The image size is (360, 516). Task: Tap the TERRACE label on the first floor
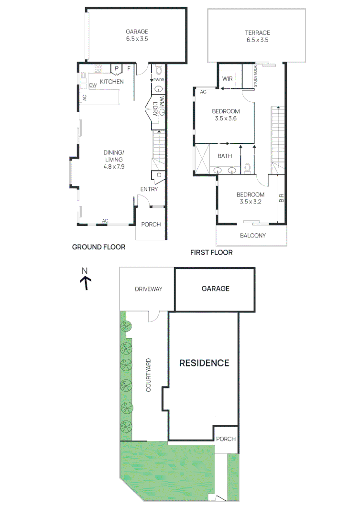point(258,32)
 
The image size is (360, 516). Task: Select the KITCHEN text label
point(112,82)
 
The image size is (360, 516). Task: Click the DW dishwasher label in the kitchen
point(92,86)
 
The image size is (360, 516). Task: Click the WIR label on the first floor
point(228,79)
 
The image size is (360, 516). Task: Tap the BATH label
point(225,156)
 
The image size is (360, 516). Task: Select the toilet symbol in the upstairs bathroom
point(247,168)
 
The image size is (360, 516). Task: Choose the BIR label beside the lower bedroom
point(282,197)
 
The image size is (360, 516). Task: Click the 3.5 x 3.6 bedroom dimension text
point(224,119)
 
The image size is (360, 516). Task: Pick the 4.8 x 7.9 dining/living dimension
point(113,166)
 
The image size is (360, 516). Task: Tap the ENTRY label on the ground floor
point(149,190)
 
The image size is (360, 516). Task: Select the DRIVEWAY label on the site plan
point(148,289)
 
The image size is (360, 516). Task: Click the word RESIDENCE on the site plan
point(204,363)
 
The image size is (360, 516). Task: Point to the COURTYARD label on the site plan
point(149,375)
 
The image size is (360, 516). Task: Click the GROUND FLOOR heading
point(98,247)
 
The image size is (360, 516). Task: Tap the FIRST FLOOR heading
point(211,252)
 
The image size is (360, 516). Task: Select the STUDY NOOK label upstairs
point(255,76)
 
